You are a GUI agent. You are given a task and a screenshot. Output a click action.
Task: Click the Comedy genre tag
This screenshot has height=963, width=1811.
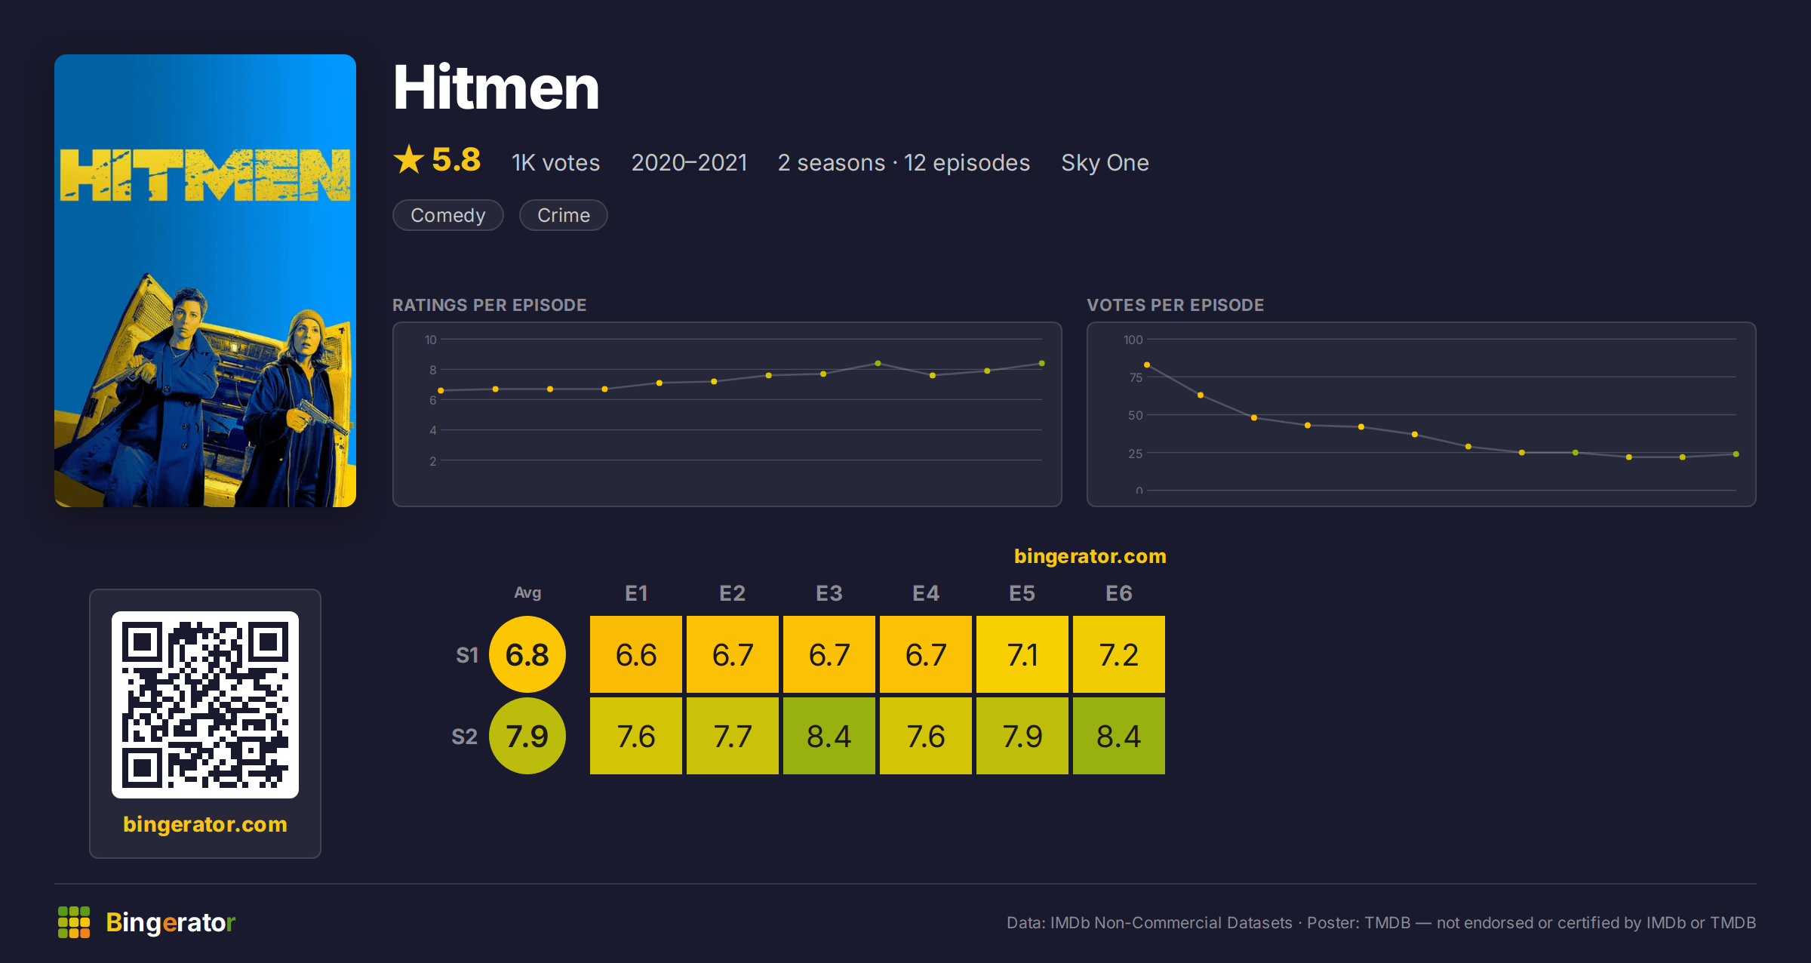448,215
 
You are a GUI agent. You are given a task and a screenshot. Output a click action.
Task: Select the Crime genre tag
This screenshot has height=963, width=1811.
564,215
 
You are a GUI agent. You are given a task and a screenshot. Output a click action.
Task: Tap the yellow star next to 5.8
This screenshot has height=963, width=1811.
409,159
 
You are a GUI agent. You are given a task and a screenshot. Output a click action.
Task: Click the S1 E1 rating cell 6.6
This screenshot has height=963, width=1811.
636,654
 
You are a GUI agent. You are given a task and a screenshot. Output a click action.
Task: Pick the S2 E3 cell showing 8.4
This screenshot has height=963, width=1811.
829,736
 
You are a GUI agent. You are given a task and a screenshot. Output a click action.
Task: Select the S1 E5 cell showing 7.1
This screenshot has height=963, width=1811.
1022,654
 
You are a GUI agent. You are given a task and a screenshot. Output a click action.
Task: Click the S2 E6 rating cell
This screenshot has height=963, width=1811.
1119,736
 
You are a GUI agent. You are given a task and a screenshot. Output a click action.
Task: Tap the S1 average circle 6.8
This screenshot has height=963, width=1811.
527,654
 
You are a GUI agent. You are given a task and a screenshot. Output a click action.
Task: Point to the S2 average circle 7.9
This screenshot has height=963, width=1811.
527,736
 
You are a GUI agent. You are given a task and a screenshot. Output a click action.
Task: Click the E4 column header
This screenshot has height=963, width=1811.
926,593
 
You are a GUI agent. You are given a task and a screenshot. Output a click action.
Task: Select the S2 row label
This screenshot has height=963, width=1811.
465,737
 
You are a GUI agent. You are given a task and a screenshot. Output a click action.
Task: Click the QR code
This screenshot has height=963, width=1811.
205,705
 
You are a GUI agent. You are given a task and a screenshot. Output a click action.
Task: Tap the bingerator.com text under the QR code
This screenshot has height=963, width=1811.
205,824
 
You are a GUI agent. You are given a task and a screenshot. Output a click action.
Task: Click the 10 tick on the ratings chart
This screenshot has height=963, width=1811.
431,340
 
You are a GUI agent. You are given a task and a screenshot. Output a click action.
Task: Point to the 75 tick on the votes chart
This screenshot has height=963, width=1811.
1136,377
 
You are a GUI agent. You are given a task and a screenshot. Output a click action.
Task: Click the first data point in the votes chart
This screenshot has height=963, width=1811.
1147,365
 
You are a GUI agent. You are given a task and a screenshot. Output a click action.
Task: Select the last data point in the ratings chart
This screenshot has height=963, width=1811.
1042,364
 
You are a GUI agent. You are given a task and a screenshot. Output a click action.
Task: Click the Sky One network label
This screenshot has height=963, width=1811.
1105,162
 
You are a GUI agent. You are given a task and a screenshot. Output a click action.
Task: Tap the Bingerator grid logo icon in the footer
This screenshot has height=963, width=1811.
74,922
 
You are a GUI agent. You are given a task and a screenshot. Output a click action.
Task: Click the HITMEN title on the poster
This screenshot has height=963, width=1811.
205,174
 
